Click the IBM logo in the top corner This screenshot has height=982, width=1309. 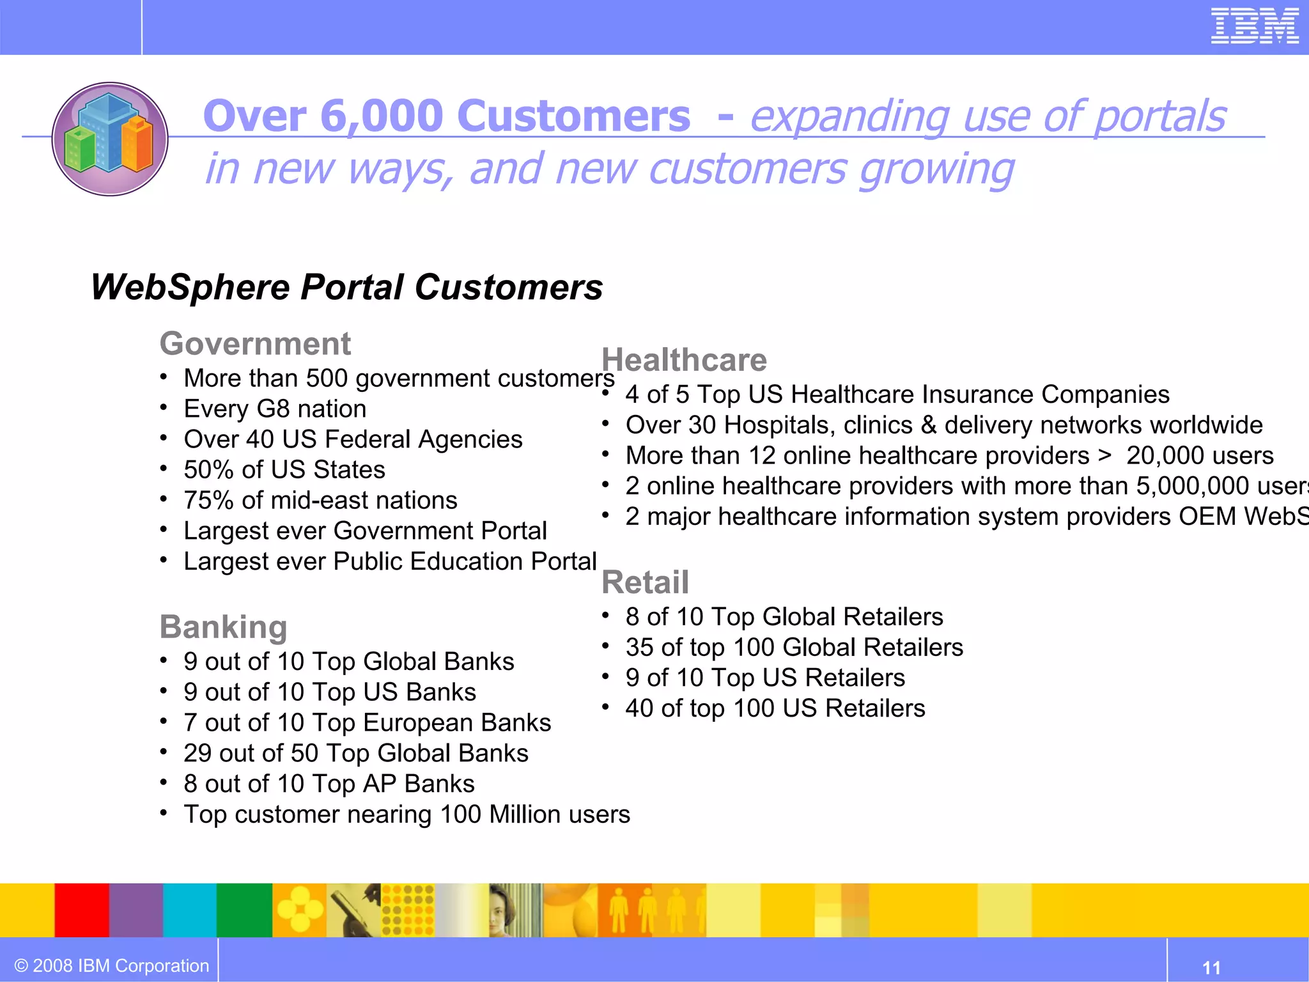1254,26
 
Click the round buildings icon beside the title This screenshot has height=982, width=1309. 110,139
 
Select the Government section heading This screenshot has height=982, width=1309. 255,344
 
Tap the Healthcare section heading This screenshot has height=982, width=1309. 684,360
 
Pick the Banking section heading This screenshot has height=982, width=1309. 223,627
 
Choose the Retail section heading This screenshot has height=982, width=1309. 645,582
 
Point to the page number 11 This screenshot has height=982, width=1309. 1211,967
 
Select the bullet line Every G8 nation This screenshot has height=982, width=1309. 275,409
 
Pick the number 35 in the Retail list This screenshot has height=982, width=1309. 640,648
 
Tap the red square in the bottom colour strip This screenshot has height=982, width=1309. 82,910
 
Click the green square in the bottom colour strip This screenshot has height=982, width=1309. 244,910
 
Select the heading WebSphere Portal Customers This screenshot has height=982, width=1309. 346,287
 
